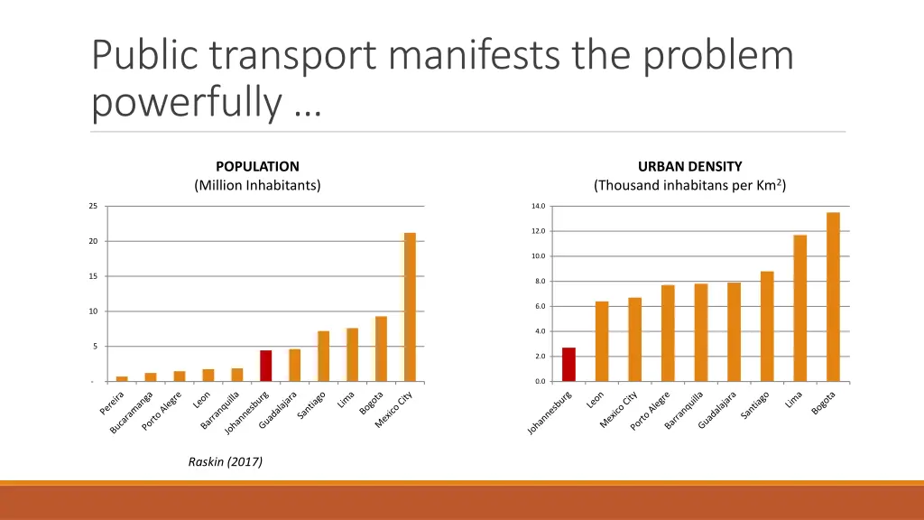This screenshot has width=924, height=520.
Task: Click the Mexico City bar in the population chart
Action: point(410,307)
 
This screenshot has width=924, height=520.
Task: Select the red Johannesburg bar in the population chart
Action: point(266,366)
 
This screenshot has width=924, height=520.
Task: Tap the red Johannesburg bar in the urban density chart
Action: point(568,365)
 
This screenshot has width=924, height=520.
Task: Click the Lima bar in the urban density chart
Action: point(799,308)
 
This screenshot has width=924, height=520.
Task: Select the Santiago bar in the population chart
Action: point(324,356)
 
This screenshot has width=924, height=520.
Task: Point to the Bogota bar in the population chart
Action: point(382,348)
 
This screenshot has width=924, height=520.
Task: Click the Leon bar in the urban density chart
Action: point(602,341)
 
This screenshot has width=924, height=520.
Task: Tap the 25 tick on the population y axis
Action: point(93,207)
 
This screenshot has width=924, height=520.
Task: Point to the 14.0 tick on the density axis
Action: point(538,207)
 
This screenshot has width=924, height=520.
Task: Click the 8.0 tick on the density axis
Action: point(538,282)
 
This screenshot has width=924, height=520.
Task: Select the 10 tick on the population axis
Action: point(93,311)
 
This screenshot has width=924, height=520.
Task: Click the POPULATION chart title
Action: point(257,166)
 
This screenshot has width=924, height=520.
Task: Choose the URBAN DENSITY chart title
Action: point(689,166)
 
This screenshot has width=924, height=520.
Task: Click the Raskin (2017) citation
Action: point(226,461)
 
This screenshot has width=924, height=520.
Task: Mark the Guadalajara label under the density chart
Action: point(718,409)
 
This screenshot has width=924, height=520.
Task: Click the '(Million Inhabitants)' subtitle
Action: point(257,186)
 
